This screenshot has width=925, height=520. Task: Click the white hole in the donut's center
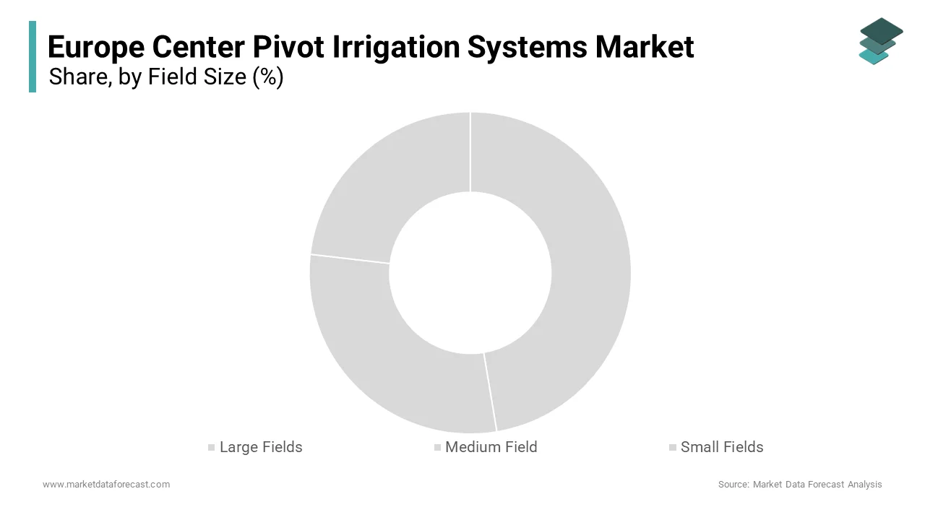[470, 273]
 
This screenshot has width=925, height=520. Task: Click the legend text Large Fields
[261, 447]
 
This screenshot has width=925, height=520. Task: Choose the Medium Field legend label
[491, 447]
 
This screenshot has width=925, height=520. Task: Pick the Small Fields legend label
[722, 447]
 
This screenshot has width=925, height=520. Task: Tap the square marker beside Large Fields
[212, 448]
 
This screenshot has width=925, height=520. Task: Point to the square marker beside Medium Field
[437, 448]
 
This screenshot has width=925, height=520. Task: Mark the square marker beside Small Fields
[673, 448]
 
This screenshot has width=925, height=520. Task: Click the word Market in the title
[645, 48]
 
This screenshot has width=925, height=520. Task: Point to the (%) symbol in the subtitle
[268, 77]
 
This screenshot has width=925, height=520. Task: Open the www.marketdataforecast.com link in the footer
[106, 485]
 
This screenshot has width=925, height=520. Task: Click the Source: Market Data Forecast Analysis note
[800, 485]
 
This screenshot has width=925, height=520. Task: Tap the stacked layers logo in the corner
[880, 41]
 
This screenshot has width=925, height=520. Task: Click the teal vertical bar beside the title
[33, 56]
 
